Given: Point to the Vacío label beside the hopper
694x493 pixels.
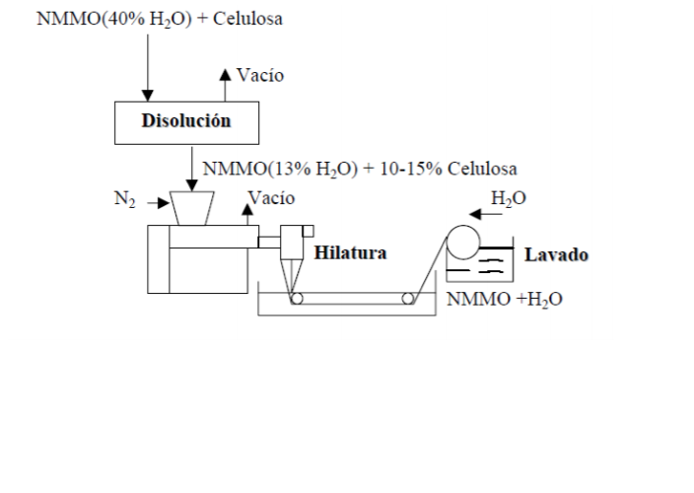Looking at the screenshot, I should [271, 198].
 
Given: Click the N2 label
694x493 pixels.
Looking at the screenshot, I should [124, 201].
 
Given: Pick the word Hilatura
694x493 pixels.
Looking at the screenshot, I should [350, 253].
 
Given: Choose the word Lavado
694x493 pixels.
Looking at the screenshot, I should [556, 255].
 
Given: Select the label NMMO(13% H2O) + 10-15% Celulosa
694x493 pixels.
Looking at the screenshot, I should [360, 169].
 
